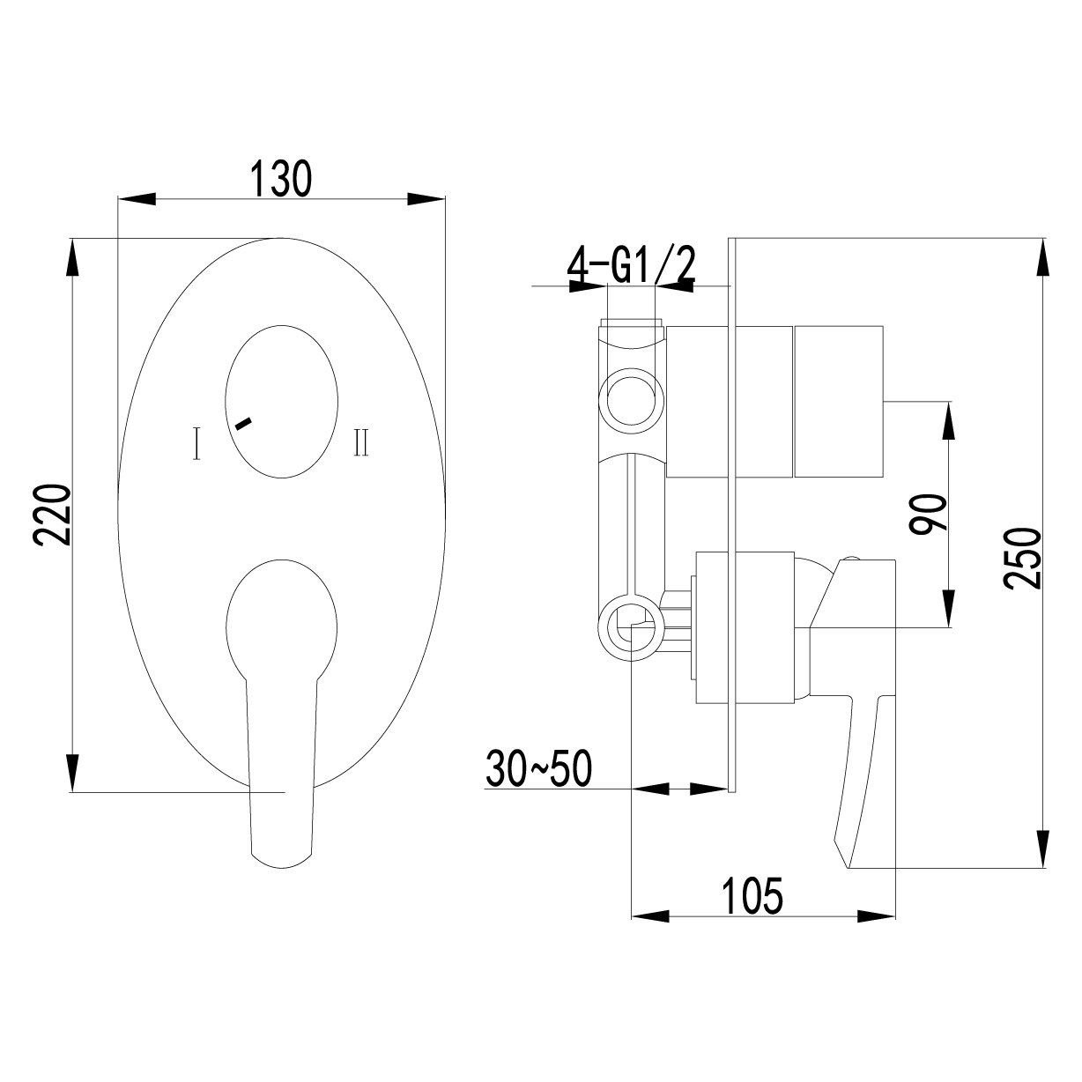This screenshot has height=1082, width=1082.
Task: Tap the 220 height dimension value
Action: coord(53,515)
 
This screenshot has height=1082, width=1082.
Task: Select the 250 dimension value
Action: coord(1022,558)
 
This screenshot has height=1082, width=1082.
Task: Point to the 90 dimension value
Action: coord(929,514)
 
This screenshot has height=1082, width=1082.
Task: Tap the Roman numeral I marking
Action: coord(196,443)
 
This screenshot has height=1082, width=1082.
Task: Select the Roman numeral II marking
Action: coord(361,442)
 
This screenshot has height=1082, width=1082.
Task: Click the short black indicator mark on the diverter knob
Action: coord(244,424)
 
